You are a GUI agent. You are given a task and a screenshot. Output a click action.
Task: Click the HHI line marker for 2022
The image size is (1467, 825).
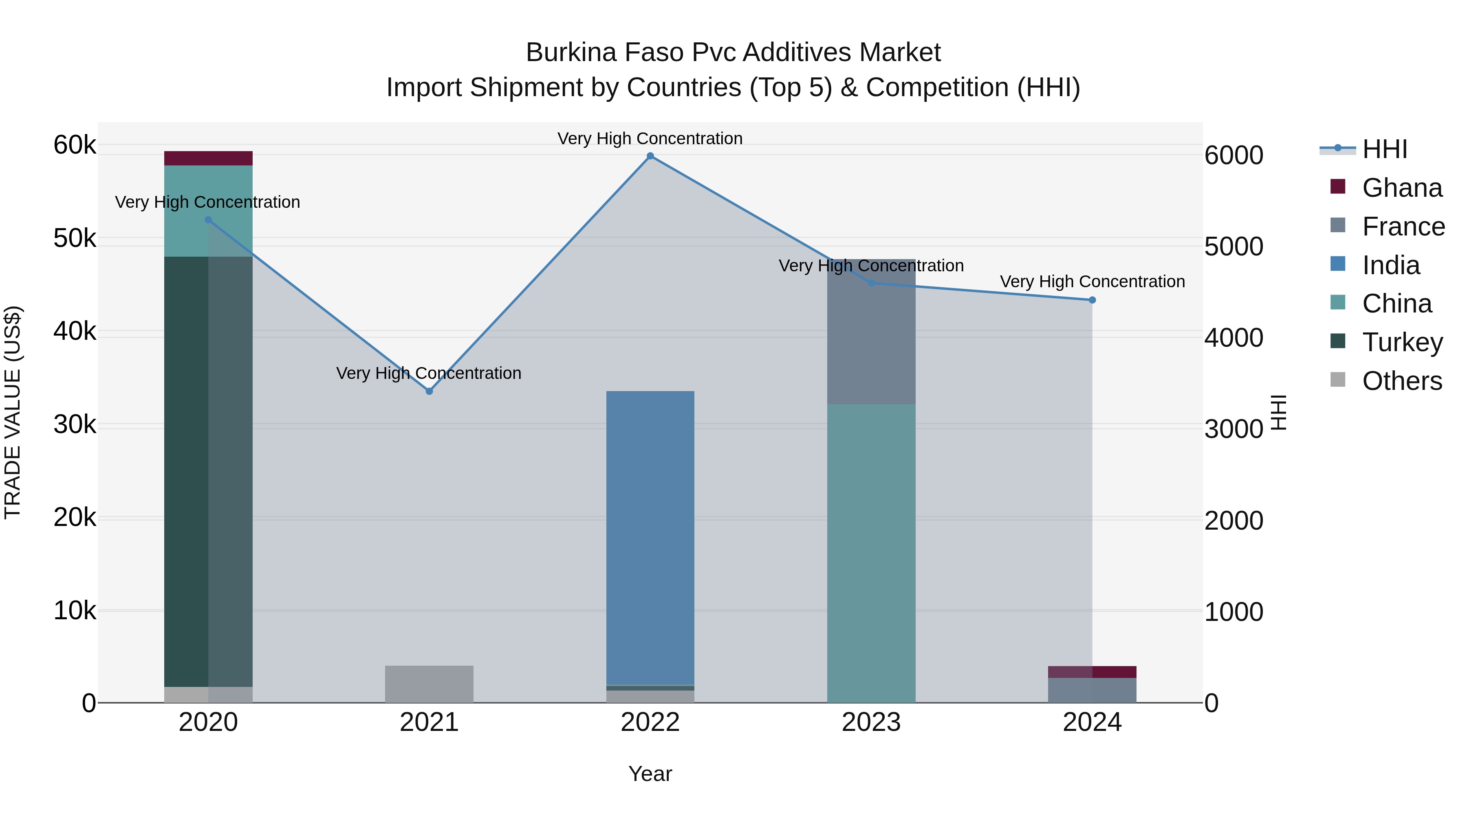pos(650,156)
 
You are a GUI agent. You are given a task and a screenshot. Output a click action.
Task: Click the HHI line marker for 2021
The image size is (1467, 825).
pos(430,391)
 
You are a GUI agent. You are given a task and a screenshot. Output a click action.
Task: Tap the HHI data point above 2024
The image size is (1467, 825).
pos(1092,300)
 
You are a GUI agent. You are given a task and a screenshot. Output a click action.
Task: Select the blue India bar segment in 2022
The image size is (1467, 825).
pos(650,535)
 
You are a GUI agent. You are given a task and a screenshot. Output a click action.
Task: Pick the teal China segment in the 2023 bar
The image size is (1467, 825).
pos(871,552)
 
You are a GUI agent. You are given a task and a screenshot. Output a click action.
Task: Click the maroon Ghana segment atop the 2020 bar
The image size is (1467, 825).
pos(208,158)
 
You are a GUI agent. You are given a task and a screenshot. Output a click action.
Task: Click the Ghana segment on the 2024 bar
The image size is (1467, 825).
pos(1092,672)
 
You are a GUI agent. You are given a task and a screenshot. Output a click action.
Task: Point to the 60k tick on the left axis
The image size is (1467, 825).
pos(75,145)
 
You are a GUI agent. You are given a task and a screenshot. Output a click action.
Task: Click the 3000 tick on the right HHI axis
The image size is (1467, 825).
pos(1234,429)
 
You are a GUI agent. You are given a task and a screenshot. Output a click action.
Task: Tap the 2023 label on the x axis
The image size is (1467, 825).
pos(871,722)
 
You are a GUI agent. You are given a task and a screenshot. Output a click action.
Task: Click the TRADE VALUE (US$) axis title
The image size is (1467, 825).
pos(13,412)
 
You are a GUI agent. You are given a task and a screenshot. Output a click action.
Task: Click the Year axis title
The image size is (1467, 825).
pos(650,774)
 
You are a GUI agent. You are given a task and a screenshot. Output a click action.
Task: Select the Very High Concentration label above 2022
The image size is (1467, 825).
pos(650,139)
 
